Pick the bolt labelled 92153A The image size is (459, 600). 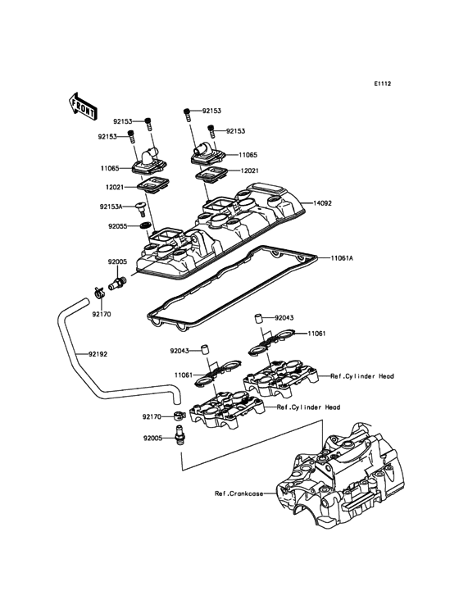tap(143, 208)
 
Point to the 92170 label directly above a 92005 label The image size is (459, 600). tap(152, 416)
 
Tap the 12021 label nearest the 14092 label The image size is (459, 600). tap(251, 170)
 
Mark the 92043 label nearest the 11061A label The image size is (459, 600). tap(284, 317)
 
